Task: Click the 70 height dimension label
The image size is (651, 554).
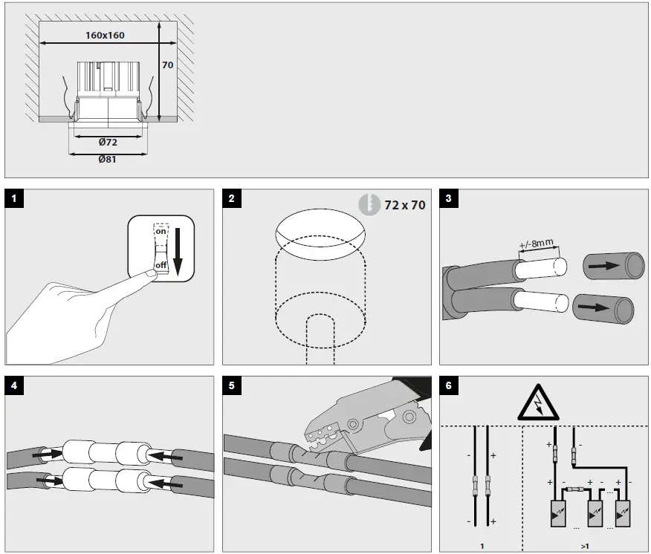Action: click(x=169, y=65)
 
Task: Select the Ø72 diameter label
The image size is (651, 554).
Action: click(x=108, y=141)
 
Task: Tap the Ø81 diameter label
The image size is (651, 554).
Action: click(x=108, y=159)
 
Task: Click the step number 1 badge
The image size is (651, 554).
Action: click(x=15, y=198)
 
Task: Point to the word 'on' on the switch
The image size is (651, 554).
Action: click(x=161, y=232)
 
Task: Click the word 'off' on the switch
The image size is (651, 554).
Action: click(x=161, y=265)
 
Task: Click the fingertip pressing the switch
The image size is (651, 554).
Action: click(x=149, y=275)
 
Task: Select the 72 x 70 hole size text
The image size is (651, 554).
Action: click(x=405, y=205)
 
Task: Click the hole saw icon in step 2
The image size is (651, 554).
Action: click(x=367, y=205)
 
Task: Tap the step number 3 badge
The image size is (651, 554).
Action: click(x=449, y=198)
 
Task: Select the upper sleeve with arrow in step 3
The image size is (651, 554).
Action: click(x=613, y=266)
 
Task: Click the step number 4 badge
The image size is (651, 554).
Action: click(x=15, y=385)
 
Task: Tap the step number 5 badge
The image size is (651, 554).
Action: click(x=232, y=385)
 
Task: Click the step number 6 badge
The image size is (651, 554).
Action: click(x=449, y=385)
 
